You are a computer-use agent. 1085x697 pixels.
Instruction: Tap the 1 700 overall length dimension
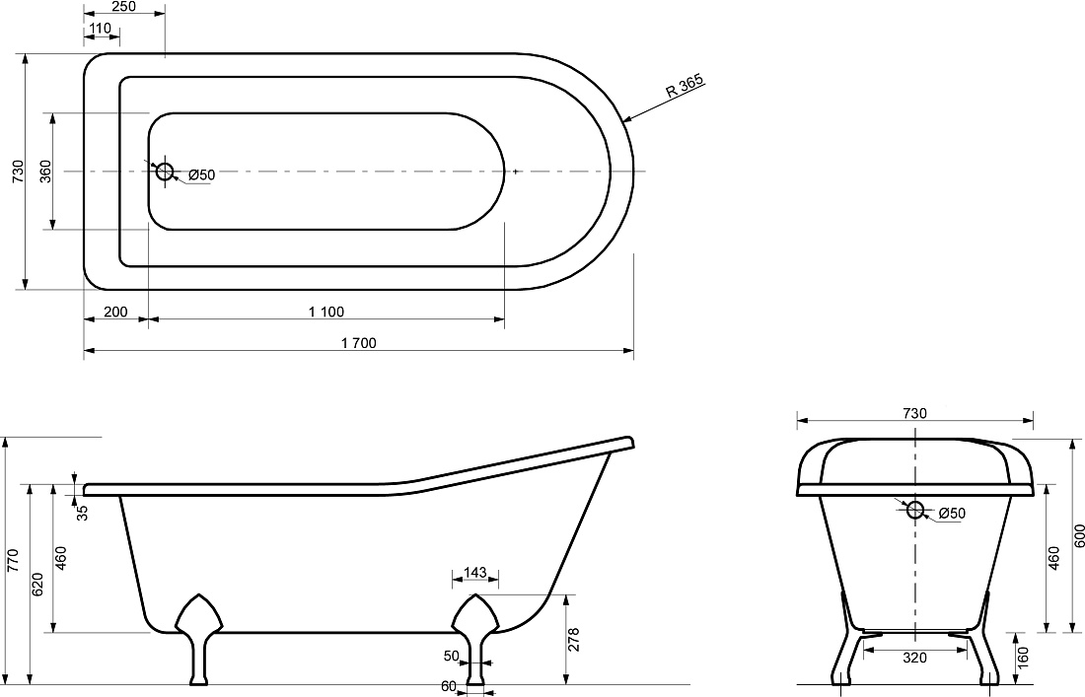tap(358, 343)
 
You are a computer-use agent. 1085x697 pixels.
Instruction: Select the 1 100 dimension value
tap(325, 312)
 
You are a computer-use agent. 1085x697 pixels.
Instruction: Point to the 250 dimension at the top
tap(123, 7)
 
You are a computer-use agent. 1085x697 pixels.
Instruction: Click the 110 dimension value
tap(101, 29)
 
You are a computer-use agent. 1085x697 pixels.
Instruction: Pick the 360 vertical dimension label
tap(45, 171)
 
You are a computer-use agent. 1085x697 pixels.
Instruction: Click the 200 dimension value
tap(115, 312)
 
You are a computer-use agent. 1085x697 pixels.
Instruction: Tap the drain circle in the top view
tap(164, 171)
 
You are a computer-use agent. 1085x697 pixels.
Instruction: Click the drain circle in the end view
tap(914, 510)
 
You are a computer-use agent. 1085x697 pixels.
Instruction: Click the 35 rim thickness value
tap(82, 513)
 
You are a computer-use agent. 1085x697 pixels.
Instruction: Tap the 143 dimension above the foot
tap(474, 573)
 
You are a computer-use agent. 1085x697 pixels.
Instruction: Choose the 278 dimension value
tap(574, 640)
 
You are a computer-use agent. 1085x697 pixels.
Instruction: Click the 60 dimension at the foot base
tap(449, 686)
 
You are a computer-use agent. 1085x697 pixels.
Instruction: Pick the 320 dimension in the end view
tap(914, 658)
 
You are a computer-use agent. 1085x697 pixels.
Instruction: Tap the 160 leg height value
tap(1024, 658)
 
